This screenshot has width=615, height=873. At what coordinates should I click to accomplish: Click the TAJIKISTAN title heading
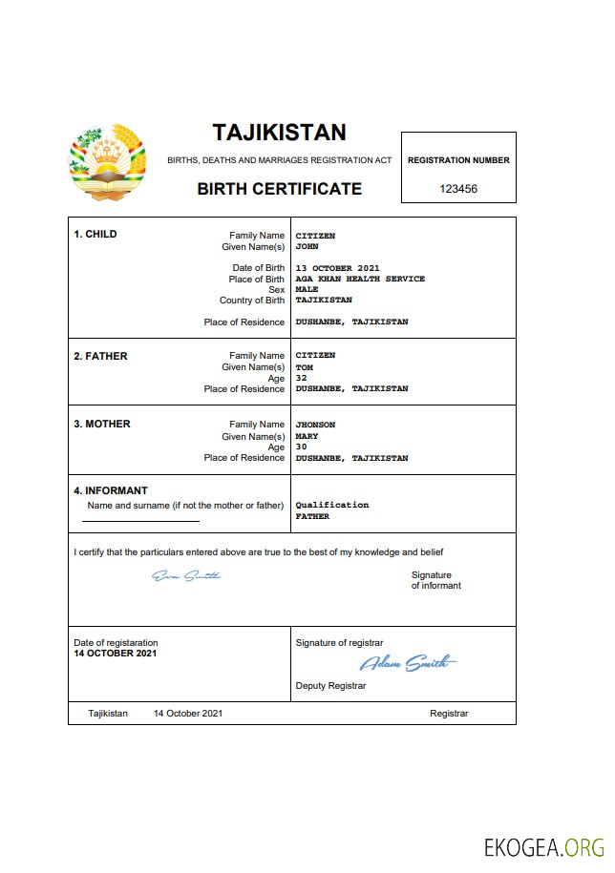(x=279, y=132)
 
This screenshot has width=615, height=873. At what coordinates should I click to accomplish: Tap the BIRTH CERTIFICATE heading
(x=279, y=189)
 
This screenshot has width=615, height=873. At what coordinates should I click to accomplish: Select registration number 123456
(x=458, y=189)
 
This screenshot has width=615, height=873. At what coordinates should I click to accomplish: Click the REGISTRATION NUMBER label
(x=458, y=160)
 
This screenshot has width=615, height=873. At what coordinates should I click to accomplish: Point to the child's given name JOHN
(x=307, y=246)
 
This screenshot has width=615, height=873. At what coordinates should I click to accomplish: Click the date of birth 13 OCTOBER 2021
(x=338, y=268)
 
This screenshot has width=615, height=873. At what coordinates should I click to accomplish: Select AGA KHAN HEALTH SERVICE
(x=360, y=279)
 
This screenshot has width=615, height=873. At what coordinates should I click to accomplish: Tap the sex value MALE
(x=307, y=289)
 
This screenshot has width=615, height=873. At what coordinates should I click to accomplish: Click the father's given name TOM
(x=305, y=366)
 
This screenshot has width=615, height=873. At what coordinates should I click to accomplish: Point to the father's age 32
(x=302, y=378)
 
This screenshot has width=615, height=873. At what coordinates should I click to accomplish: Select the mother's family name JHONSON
(x=315, y=425)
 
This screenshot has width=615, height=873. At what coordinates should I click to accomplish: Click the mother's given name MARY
(x=307, y=436)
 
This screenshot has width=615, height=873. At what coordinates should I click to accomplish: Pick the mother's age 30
(x=302, y=447)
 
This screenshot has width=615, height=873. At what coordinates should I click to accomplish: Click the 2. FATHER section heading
(x=100, y=356)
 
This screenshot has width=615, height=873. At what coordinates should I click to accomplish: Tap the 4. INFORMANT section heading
(x=111, y=491)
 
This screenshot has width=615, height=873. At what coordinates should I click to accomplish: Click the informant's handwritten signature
(x=187, y=575)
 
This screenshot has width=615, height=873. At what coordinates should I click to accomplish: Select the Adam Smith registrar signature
(x=408, y=663)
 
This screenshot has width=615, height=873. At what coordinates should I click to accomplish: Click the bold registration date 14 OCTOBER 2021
(x=116, y=654)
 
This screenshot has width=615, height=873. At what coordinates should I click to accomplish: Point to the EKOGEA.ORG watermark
(x=544, y=846)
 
